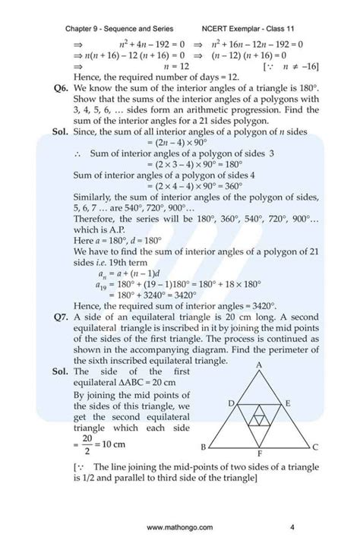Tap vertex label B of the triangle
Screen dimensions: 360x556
tap(202, 447)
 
